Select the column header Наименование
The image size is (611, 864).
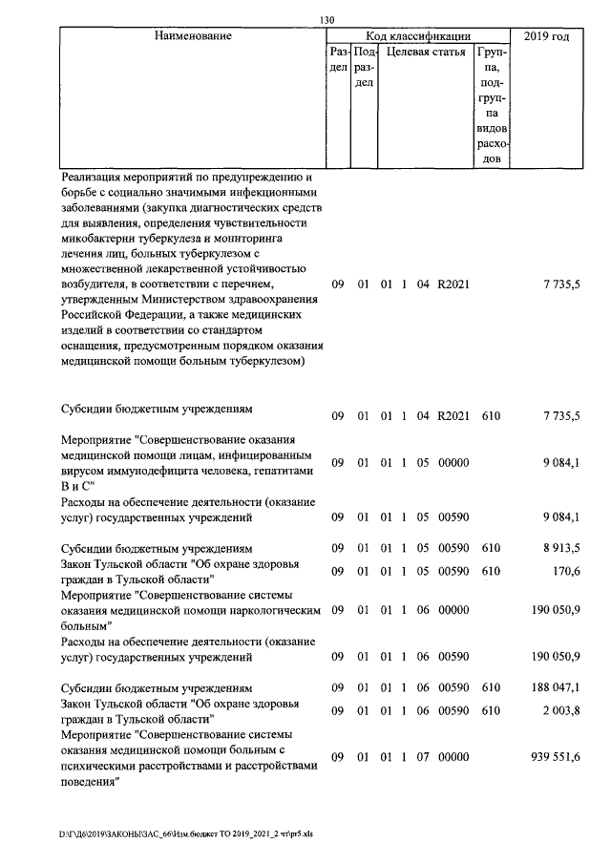[192, 36]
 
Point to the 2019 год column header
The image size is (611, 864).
[547, 36]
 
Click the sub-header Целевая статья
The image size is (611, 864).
[425, 53]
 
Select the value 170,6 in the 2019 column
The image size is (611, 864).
[567, 571]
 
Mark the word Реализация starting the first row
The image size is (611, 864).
[94, 178]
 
